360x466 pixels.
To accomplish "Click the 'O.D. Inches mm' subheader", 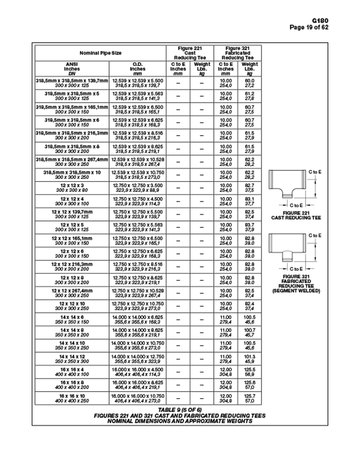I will [x=138, y=69].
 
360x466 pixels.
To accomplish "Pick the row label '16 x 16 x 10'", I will [x=71, y=399].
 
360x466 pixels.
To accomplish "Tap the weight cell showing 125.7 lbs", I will [x=249, y=399].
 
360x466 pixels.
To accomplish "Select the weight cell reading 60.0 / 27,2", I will [x=249, y=84].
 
